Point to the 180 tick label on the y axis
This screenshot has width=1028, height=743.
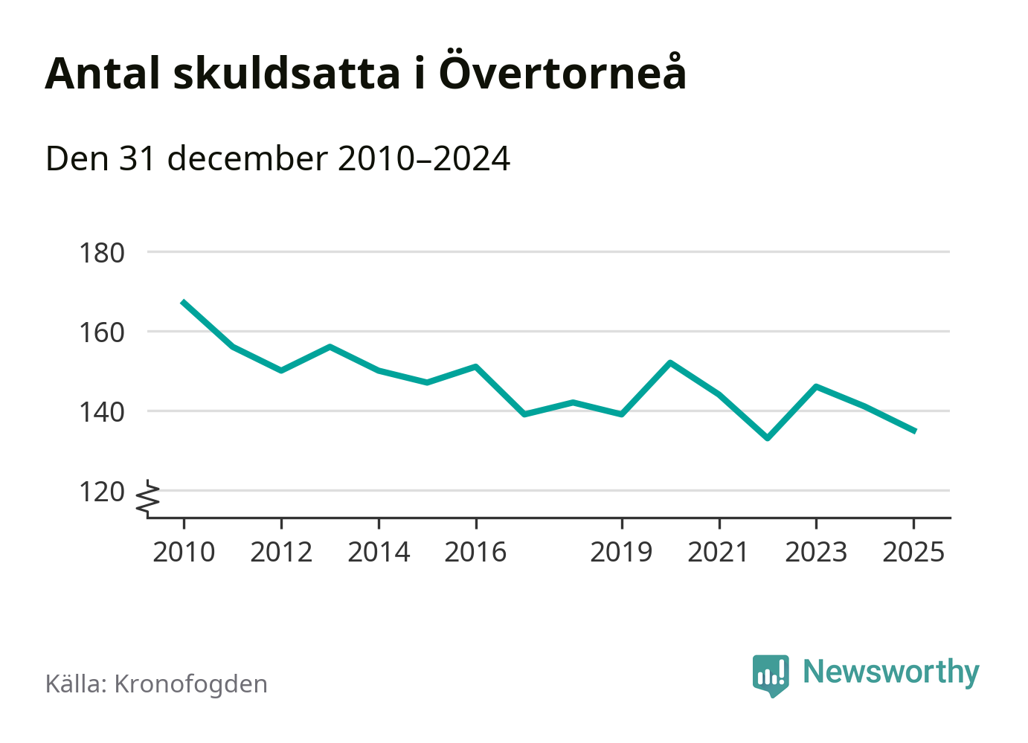[x=102, y=253]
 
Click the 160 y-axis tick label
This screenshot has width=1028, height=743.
[x=102, y=332]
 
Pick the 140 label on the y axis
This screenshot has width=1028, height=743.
[x=102, y=411]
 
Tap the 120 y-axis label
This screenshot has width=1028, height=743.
[x=102, y=492]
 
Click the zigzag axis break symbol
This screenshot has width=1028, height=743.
[x=149, y=498]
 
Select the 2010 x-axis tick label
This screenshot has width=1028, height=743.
[x=184, y=553]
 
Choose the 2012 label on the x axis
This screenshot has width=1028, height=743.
[x=281, y=553]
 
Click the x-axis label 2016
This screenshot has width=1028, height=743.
[x=475, y=553]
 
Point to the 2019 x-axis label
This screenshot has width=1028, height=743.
[x=621, y=553]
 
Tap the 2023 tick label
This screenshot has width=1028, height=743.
[x=816, y=553]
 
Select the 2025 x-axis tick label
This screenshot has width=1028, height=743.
[x=913, y=553]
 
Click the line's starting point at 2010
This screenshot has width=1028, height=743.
[x=183, y=301]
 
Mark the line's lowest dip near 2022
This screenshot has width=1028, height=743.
[x=768, y=438]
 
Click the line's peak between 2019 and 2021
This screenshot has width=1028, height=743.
[x=670, y=363]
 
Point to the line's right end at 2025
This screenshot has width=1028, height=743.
[x=914, y=431]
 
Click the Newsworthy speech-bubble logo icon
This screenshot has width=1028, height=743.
[x=770, y=675]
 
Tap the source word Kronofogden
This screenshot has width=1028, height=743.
[x=190, y=684]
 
